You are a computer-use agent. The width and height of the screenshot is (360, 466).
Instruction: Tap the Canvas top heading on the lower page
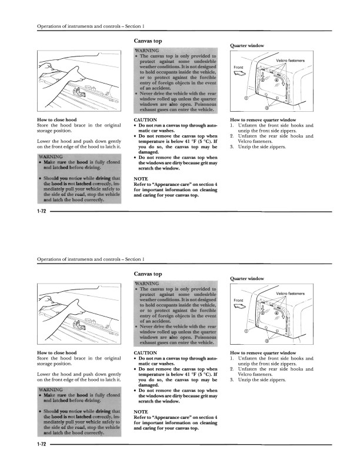coord(148,274)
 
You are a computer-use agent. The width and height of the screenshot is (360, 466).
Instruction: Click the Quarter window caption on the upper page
coord(248,45)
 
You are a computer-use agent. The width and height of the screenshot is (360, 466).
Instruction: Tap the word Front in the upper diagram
coord(238,68)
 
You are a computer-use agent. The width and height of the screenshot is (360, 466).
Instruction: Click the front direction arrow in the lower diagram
coord(239,307)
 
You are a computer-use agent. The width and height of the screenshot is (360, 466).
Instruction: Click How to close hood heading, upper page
coord(56,120)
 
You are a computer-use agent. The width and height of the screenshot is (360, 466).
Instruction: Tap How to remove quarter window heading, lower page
coord(263,353)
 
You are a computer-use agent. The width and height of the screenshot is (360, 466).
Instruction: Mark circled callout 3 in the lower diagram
coord(268,341)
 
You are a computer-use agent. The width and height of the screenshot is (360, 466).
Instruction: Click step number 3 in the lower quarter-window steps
coord(232,380)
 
